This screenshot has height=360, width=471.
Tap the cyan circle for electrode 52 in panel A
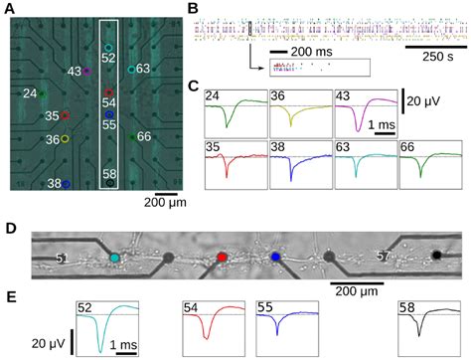coord(108,47)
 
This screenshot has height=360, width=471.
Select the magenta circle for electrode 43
coord(86,72)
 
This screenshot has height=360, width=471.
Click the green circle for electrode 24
coord(43,94)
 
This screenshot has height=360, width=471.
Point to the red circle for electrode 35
coord(66,115)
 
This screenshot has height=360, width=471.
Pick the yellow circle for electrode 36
coord(66,139)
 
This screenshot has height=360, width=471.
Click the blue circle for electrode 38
coord(66,184)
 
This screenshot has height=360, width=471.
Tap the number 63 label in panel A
coord(144,69)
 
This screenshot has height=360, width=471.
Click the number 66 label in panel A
coord(144,136)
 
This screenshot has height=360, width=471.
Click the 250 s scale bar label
coord(433,57)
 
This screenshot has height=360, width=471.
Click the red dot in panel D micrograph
coord(222,258)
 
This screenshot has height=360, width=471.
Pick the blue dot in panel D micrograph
coord(277,258)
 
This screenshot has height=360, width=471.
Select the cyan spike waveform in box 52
coord(100,335)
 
